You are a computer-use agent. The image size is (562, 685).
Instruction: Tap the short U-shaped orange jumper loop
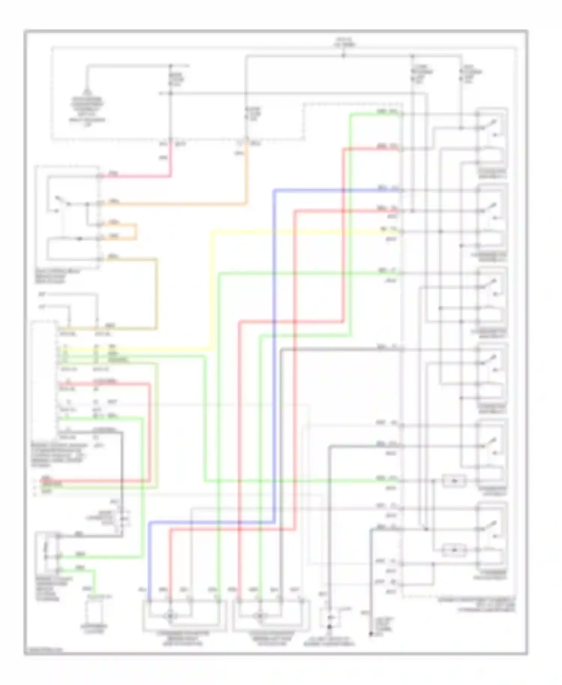(x=136, y=232)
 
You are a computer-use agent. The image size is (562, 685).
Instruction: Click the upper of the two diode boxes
(x=454, y=480)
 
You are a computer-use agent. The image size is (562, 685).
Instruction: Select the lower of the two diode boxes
(x=454, y=550)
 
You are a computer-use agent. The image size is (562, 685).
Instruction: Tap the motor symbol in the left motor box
(x=170, y=616)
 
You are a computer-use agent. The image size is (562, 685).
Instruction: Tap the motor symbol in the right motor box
(x=259, y=616)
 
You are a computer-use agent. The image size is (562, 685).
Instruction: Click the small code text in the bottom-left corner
(x=43, y=651)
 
